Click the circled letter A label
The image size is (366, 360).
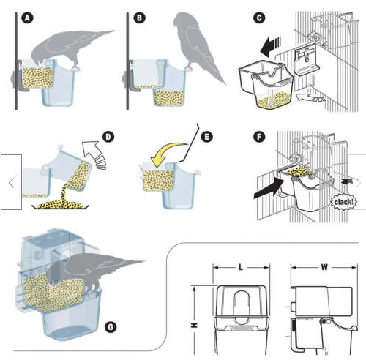click(27, 18)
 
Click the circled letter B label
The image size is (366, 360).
click(139, 18)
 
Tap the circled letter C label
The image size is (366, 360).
click(259, 18)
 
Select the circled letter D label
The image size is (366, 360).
click(108, 137)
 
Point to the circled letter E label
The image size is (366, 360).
click(206, 137)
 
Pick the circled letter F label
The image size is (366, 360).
click(259, 137)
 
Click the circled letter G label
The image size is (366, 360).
click(111, 327)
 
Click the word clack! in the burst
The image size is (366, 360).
click(343, 202)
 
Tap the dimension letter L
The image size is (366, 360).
click(241, 267)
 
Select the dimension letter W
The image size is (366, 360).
click(324, 267)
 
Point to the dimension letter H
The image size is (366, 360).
click(194, 325)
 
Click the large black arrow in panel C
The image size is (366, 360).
click(270, 47)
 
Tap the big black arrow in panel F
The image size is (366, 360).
click(269, 188)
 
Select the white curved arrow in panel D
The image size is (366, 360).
click(94, 154)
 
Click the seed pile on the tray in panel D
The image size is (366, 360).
click(60, 205)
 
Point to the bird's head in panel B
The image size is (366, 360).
click(182, 20)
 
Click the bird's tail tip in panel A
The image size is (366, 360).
click(114, 31)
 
